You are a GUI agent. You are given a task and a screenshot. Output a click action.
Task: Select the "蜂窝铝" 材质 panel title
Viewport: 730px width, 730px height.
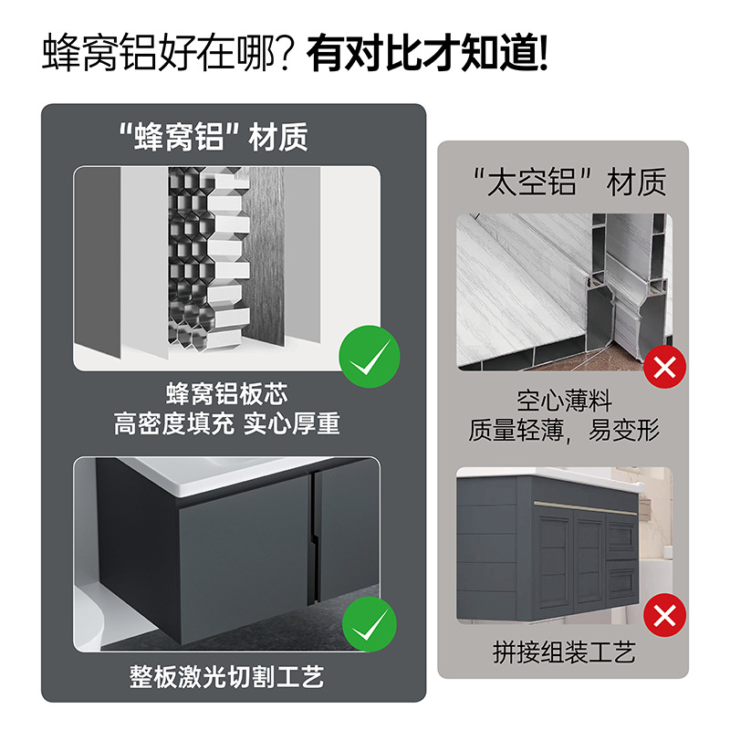click(x=214, y=136)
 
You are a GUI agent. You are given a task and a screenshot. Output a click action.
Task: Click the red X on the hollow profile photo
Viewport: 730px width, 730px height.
click(x=665, y=368)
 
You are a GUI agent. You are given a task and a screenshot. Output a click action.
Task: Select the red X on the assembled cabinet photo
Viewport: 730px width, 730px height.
click(x=665, y=616)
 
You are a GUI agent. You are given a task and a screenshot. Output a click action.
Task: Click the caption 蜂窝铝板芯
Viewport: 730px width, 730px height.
click(x=227, y=394)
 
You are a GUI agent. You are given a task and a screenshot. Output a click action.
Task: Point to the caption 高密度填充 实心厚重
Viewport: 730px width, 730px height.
click(x=227, y=424)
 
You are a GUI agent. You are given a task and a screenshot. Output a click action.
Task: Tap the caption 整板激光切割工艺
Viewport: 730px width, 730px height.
click(x=227, y=677)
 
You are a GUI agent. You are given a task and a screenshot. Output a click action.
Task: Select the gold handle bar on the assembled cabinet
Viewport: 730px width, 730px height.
click(x=584, y=503)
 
